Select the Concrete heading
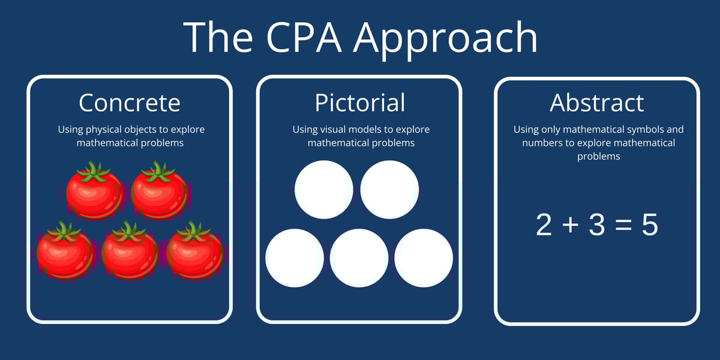coord(129,103)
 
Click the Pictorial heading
coord(359,103)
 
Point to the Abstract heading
coord(596,103)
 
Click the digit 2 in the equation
coord(544,225)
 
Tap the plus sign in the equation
coord(571,226)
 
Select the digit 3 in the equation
coord(596,225)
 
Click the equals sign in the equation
coord(623,226)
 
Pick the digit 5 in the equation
coord(650,225)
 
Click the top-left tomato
coord(95,192)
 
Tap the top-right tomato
coord(160,192)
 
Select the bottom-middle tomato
coord(130,252)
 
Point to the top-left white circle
coord(324,190)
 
